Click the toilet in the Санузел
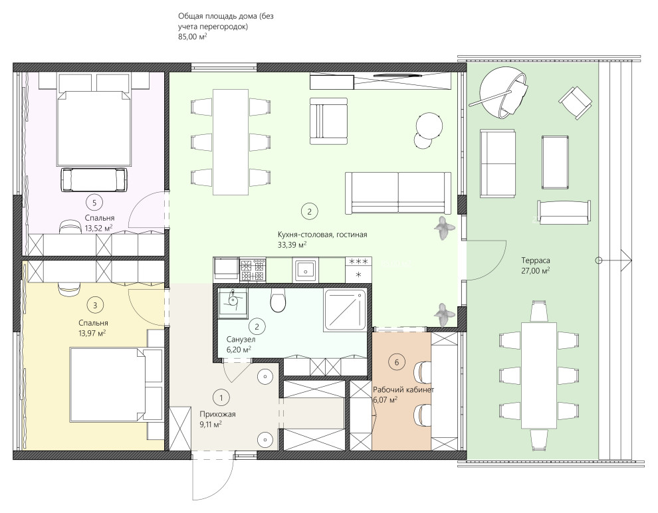click(x=277, y=300)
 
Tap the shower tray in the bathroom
click(x=346, y=310)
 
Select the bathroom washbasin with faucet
click(x=233, y=301)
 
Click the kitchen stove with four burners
click(x=253, y=270)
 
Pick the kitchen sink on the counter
click(x=305, y=269)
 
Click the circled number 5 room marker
click(x=94, y=203)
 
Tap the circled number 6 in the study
click(x=397, y=362)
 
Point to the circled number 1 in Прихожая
click(x=221, y=397)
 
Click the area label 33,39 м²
click(x=292, y=245)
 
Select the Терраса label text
click(x=536, y=260)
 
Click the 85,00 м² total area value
click(x=193, y=37)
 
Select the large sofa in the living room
click(x=398, y=193)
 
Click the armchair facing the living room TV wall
click(x=328, y=121)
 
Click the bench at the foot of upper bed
click(x=94, y=179)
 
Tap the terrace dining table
click(x=539, y=375)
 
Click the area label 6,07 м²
click(x=385, y=400)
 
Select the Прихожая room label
click(x=217, y=414)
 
